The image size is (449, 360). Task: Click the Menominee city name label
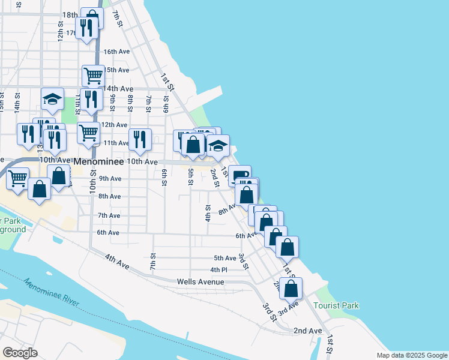(98, 162)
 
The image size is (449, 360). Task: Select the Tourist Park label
(336, 305)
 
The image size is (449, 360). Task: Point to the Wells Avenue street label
(200, 281)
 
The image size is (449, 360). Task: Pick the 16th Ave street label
(116, 52)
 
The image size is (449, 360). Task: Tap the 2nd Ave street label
(308, 331)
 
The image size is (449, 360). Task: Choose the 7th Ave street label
(109, 215)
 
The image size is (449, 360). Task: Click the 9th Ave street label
(110, 178)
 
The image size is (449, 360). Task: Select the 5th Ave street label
(226, 258)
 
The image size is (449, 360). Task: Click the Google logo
(20, 352)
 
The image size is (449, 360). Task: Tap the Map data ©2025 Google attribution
(411, 355)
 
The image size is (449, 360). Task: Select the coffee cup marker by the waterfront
(240, 175)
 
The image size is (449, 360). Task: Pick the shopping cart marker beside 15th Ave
(94, 76)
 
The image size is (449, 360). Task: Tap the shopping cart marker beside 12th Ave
(89, 132)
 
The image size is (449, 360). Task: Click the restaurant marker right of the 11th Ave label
(140, 140)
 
